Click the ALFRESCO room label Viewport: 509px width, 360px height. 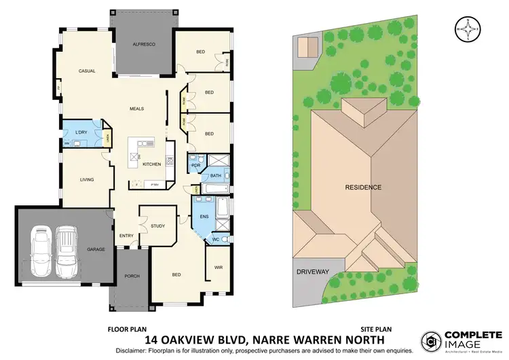pyautogui.click(x=144, y=44)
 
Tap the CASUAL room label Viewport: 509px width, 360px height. pyautogui.click(x=86, y=71)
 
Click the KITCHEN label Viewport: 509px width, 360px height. pyautogui.click(x=151, y=164)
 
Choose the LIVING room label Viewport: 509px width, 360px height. pyautogui.click(x=86, y=179)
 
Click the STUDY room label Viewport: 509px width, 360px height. pyautogui.click(x=158, y=226)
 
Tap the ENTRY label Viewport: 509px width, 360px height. pyautogui.click(x=127, y=236)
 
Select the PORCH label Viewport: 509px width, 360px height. pyautogui.click(x=132, y=276)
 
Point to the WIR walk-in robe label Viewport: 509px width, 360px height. pyautogui.click(x=219, y=267)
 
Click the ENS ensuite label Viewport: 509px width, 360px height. pyautogui.click(x=204, y=217)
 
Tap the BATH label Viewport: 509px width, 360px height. pyautogui.click(x=216, y=176)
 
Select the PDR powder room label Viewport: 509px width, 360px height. pyautogui.click(x=195, y=165)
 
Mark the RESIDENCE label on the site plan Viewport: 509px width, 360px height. pyautogui.click(x=364, y=187)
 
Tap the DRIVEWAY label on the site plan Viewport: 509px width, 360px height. pyautogui.click(x=313, y=271)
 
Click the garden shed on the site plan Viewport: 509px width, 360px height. pyautogui.click(x=307, y=46)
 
